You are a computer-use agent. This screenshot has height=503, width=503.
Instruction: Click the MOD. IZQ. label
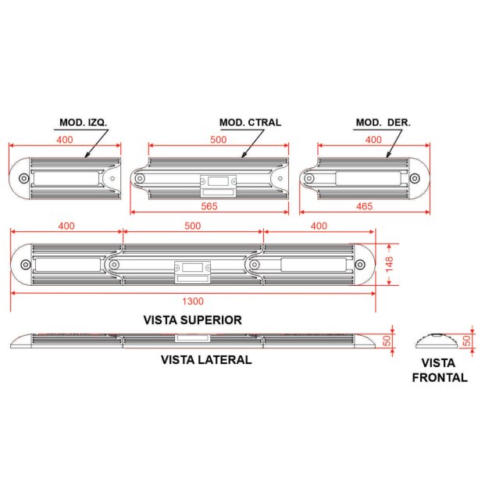click(x=83, y=123)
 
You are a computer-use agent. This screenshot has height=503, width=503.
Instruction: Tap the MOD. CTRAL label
click(x=250, y=123)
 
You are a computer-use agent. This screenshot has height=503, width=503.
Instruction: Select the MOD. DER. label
click(x=383, y=123)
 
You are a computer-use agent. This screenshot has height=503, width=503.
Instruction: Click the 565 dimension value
click(x=209, y=206)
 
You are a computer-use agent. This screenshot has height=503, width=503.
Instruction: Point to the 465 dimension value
click(x=365, y=206)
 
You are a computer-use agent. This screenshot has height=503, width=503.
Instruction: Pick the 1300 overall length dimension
click(x=193, y=301)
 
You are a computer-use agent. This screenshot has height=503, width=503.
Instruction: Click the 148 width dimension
click(x=389, y=264)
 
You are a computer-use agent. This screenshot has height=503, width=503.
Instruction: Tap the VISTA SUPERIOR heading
click(x=192, y=320)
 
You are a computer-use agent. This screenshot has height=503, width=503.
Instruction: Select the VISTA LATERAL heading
click(x=206, y=360)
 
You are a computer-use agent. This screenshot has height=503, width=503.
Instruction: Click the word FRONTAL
click(x=440, y=377)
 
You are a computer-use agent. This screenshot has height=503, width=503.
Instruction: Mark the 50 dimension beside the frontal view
click(x=467, y=341)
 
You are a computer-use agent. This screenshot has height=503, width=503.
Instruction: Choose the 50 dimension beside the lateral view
click(x=387, y=341)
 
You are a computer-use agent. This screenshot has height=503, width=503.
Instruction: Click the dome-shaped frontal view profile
click(x=437, y=341)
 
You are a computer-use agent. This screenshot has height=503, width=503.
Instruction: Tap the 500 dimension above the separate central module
click(x=218, y=140)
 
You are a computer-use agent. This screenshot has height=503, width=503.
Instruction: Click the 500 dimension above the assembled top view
click(x=192, y=226)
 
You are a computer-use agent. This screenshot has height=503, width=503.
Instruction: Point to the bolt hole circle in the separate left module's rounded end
click(x=23, y=178)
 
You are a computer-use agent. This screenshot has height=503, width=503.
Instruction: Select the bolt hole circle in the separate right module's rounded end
click(x=415, y=178)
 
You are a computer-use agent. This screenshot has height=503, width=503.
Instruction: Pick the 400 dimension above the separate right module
click(x=373, y=140)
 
